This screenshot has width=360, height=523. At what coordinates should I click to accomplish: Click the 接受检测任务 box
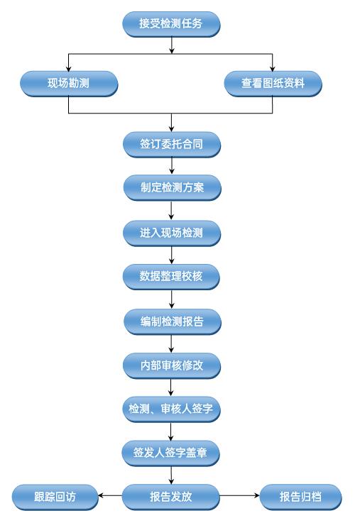172,23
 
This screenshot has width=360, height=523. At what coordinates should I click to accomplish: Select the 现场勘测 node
69,84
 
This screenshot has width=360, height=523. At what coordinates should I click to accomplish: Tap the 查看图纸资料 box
273,84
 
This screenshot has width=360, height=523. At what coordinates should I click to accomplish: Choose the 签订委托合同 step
172,145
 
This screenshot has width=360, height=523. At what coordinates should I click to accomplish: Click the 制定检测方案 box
172,188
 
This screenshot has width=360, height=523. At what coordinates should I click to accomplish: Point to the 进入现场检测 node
172,233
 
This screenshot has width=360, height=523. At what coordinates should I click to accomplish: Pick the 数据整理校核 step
171,277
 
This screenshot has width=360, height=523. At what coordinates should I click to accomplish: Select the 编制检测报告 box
172,322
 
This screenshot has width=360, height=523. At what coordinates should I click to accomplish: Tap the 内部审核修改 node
172,365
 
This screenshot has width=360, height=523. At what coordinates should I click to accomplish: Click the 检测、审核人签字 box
171,409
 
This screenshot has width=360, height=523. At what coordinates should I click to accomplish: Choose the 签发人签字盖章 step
170,453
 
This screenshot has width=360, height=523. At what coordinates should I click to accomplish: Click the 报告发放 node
170,497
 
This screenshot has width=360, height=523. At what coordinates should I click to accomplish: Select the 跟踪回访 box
55,497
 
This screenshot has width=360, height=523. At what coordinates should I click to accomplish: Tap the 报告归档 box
300,497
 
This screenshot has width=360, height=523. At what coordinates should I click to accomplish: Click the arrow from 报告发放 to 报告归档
239,495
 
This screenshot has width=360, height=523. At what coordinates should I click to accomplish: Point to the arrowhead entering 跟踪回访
101,495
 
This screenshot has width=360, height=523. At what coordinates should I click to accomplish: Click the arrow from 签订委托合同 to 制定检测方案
172,165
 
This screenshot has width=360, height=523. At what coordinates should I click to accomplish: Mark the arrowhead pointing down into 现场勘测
68,68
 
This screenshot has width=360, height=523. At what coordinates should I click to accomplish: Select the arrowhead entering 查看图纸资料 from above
273,68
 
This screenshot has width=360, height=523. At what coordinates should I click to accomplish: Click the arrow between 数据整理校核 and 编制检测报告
172,299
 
